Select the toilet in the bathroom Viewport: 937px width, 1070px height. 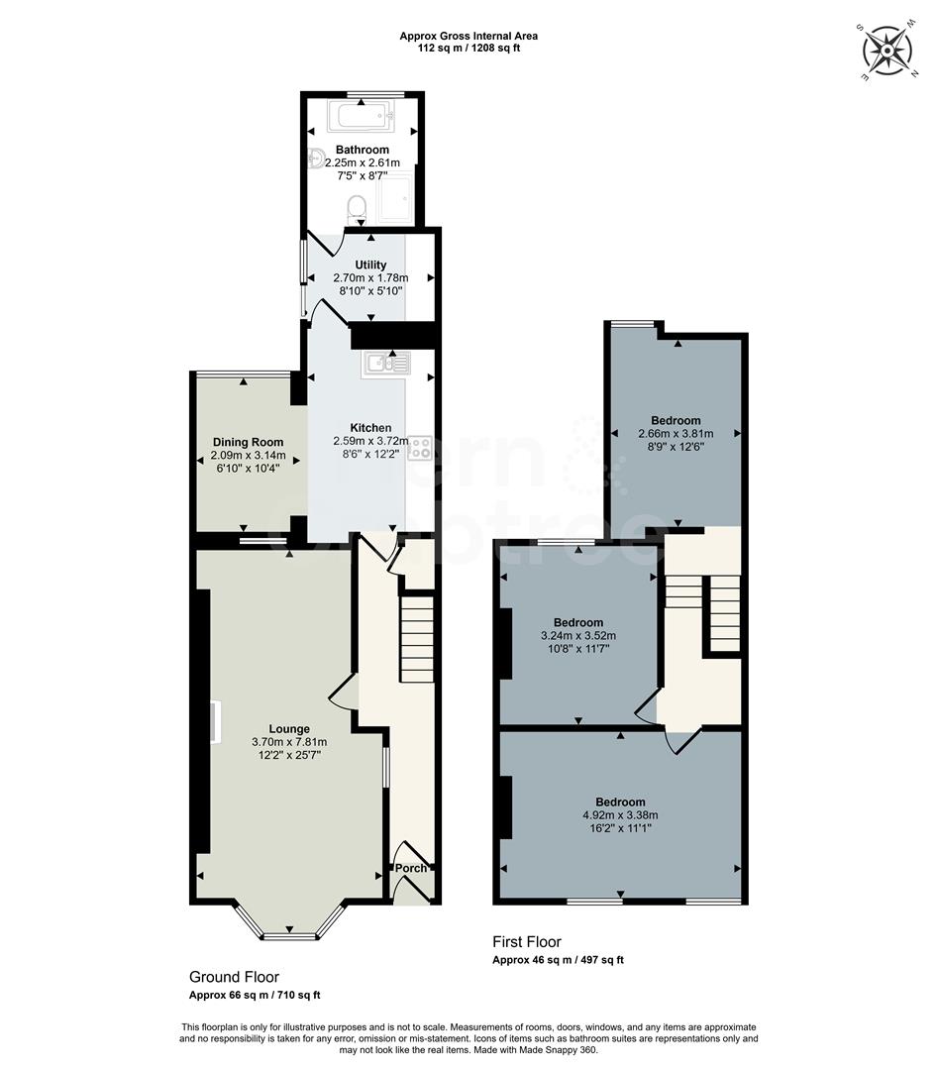tap(357, 208)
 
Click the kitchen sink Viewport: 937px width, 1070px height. tap(387, 365)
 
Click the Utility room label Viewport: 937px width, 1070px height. tap(370, 266)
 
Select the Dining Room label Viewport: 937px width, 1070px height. tap(248, 442)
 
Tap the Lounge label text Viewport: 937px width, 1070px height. tap(288, 728)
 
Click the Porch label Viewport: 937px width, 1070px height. tap(411, 868)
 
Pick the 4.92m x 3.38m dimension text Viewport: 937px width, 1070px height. tap(620, 815)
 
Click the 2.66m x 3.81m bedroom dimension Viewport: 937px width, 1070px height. tap(676, 433)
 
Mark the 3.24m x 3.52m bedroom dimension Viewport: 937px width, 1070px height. tap(578, 636)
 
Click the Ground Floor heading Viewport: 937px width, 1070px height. tap(234, 976)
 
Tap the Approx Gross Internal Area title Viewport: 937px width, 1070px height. tap(468, 36)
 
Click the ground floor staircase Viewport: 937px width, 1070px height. tap(417, 638)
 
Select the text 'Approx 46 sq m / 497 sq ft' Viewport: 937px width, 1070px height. tap(558, 960)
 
